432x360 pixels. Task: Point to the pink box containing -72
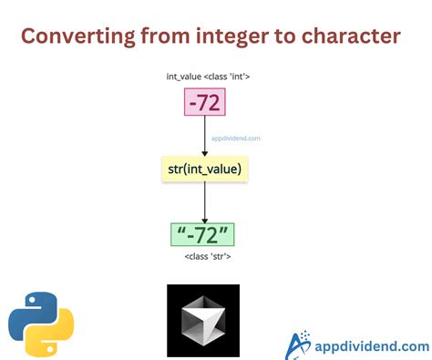[x=204, y=104]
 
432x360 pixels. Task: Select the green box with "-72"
[x=204, y=234]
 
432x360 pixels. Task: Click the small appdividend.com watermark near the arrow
[x=236, y=139]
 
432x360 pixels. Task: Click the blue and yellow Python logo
[x=41, y=323]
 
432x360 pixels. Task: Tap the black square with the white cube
[x=202, y=320]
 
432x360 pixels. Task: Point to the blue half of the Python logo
[x=29, y=310]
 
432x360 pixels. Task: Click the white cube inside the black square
[x=202, y=321]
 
